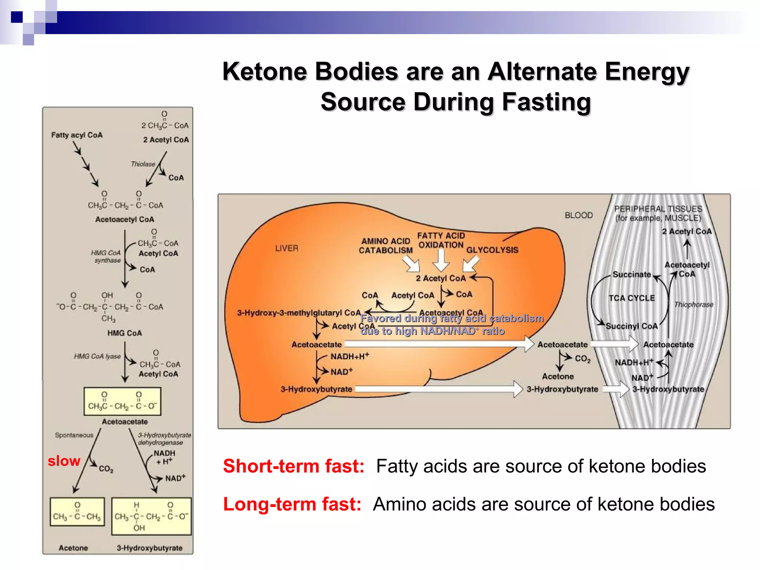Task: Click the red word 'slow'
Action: pos(64,461)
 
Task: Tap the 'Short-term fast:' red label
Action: pos(294,466)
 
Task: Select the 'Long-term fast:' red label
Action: pos(292,504)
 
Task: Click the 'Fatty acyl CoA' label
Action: pos(77,135)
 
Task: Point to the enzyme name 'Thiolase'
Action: pos(143,164)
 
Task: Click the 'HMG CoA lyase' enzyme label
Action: pos(97,356)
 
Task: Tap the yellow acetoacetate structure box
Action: pos(122,402)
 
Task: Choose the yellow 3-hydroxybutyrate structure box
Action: pos(151,516)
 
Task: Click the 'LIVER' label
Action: pos(286,248)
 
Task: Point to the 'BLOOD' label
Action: pos(579,215)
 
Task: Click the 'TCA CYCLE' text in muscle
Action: pos(632,298)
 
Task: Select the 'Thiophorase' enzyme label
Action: pos(694,305)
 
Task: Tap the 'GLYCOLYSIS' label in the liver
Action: pos(492,250)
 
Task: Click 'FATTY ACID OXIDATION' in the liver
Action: pos(441,240)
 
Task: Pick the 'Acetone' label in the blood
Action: pos(558,376)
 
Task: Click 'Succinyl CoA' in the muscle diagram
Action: pos(632,326)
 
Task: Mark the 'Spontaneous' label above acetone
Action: pos(74,435)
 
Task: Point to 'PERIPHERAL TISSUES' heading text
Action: pos(658,209)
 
